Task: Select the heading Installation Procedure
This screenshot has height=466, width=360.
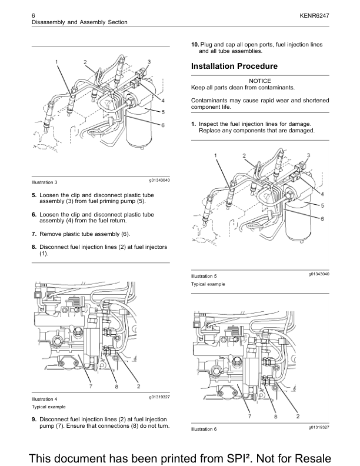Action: [x=234, y=66]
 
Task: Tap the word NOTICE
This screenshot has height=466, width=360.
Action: [x=260, y=81]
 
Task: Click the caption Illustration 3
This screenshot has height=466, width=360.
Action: [x=44, y=182]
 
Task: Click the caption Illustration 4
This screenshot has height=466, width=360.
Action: [x=44, y=399]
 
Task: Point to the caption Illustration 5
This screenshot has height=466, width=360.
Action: [x=204, y=276]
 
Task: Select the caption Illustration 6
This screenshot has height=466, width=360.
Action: [x=204, y=429]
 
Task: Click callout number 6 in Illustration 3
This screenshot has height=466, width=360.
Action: [x=162, y=125]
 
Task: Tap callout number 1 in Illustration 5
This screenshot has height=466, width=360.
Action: [x=216, y=155]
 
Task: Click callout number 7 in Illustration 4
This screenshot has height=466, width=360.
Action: [x=91, y=386]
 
